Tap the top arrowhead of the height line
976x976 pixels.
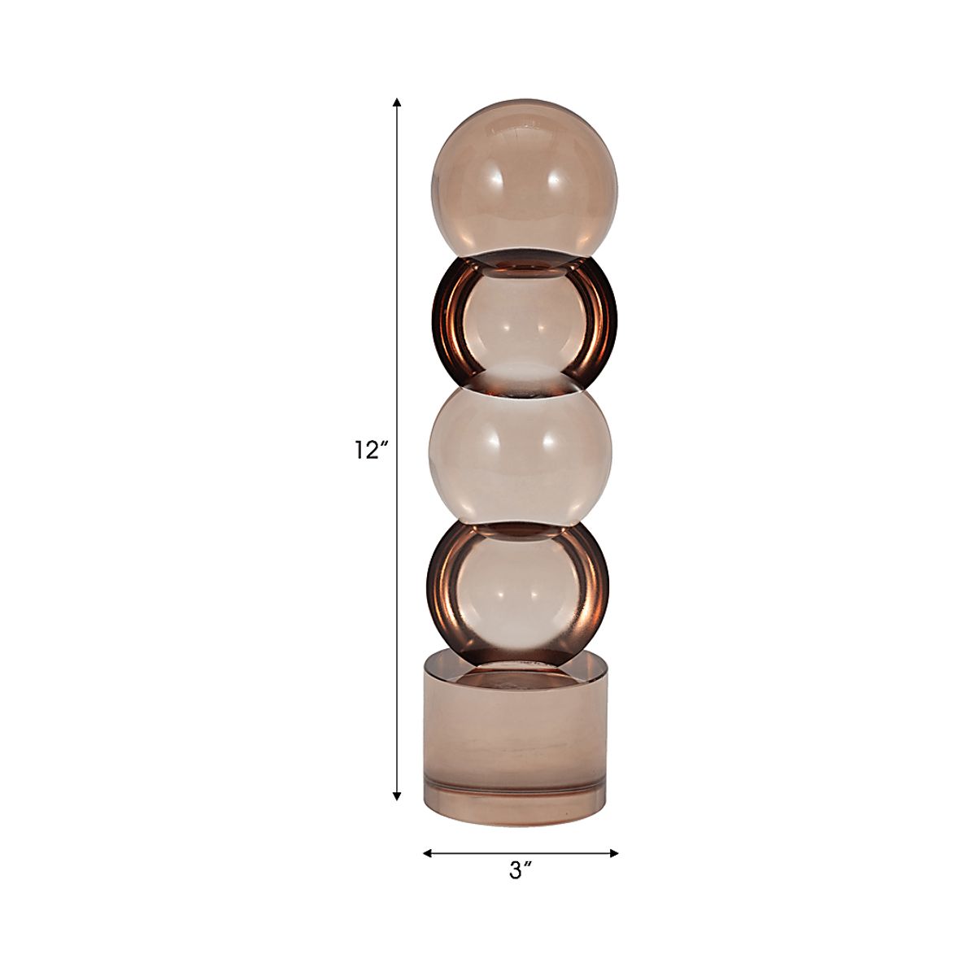(x=397, y=102)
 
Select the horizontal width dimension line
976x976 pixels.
(x=521, y=853)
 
